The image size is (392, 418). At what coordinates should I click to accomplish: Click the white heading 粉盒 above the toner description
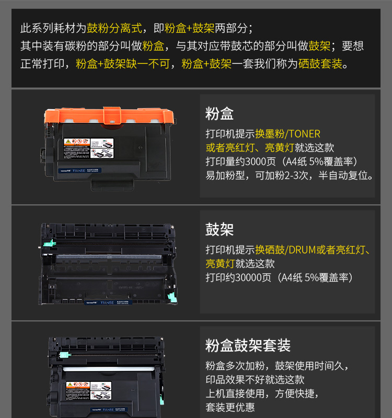point(220,113)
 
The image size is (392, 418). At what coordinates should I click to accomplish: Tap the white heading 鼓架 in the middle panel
point(220,229)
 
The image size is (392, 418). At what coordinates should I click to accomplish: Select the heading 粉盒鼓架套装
point(248,345)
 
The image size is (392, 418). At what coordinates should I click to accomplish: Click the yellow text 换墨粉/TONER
point(288,134)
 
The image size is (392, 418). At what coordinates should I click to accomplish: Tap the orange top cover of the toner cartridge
point(108,117)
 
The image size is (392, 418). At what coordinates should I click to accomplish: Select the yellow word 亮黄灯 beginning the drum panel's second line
point(220,264)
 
